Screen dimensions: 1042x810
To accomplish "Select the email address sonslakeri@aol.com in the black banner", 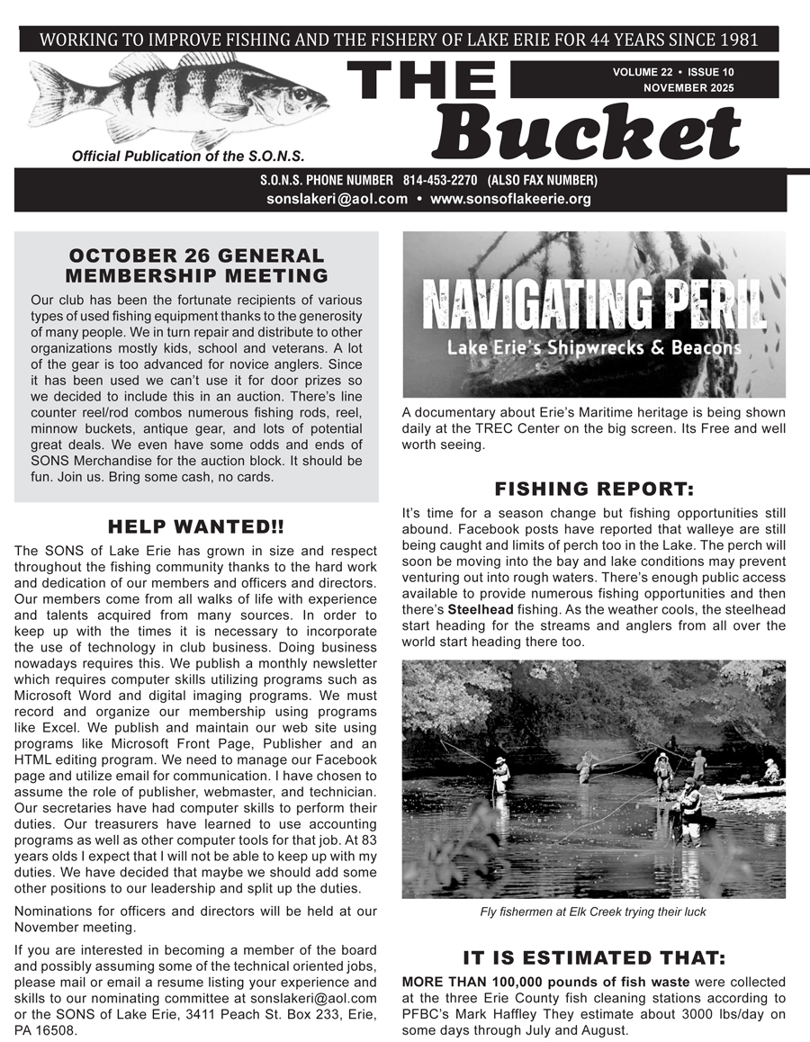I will (337, 199).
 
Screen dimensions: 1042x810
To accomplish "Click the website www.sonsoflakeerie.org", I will (510, 199).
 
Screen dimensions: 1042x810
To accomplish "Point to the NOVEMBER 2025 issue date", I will (688, 88).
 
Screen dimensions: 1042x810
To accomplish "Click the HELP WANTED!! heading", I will (196, 526).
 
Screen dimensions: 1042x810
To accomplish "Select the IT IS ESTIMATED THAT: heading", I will (594, 957).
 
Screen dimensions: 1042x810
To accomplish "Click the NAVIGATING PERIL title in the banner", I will (594, 304).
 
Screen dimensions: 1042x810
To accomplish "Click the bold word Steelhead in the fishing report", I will (478, 609).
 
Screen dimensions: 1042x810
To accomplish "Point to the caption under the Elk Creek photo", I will (593, 912).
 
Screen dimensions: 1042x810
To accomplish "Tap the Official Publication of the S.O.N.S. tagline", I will (188, 156).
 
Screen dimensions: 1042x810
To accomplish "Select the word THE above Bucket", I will (421, 82).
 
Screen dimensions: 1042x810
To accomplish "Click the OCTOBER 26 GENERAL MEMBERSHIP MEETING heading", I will (196, 265).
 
